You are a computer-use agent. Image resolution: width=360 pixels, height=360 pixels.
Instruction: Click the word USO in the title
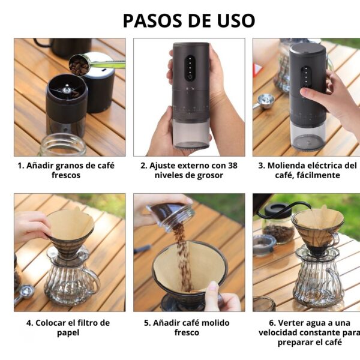click(x=236, y=20)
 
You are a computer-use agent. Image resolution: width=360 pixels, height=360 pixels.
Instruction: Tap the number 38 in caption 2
click(x=233, y=166)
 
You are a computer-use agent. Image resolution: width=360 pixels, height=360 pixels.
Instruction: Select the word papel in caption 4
click(x=68, y=333)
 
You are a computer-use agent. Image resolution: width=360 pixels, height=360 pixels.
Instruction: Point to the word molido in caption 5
click(x=217, y=323)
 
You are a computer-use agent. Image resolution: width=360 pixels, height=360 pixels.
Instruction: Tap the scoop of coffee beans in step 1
click(x=79, y=65)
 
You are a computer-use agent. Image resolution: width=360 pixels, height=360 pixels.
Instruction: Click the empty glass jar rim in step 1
click(x=62, y=145)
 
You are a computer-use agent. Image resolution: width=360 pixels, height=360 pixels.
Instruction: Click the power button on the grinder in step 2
click(x=190, y=77)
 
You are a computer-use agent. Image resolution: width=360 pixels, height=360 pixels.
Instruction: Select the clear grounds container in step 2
click(x=191, y=134)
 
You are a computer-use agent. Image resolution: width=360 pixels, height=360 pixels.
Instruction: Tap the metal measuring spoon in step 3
click(x=265, y=101)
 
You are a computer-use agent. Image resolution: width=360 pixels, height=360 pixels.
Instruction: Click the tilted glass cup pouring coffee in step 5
click(x=170, y=216)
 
